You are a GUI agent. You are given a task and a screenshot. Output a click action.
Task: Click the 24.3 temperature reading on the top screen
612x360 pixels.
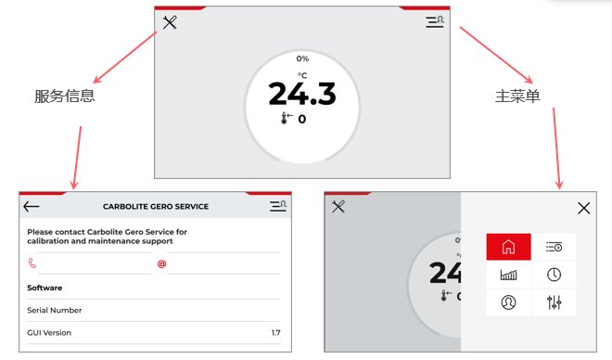(x=302, y=94)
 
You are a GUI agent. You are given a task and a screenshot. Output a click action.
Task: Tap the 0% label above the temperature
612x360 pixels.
(x=302, y=58)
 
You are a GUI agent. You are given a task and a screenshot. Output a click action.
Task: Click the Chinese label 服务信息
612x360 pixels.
(x=65, y=96)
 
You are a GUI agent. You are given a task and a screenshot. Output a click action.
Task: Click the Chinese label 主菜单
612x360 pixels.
(x=517, y=96)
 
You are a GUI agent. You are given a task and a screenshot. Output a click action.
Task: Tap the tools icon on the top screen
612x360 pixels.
(x=170, y=22)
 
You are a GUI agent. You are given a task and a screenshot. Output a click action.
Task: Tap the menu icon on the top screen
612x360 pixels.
(x=435, y=21)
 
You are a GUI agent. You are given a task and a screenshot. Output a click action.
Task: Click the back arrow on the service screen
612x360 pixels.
(x=32, y=206)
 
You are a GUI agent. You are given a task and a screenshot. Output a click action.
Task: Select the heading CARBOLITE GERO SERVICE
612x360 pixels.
(x=156, y=207)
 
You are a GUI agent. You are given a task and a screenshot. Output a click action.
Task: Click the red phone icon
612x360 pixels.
(x=32, y=264)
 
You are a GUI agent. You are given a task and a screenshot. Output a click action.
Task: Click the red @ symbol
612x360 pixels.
(x=161, y=264)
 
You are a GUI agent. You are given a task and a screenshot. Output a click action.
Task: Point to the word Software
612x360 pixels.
(x=45, y=288)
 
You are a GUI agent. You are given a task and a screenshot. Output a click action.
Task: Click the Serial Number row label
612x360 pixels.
(x=55, y=311)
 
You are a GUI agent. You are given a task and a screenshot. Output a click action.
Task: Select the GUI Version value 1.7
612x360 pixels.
(x=276, y=333)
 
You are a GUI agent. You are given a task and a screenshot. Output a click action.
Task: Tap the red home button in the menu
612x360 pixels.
(x=508, y=247)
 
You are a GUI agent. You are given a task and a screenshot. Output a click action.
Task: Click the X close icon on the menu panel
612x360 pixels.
(x=584, y=208)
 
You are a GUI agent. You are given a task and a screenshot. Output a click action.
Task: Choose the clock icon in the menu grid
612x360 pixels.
(x=554, y=275)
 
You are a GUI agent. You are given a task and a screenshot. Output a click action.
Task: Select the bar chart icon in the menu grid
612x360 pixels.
(x=508, y=275)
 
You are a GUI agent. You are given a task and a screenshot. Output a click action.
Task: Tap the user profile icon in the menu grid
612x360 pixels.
(x=508, y=302)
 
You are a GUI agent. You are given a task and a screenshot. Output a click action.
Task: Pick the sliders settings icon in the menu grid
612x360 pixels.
(x=554, y=302)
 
